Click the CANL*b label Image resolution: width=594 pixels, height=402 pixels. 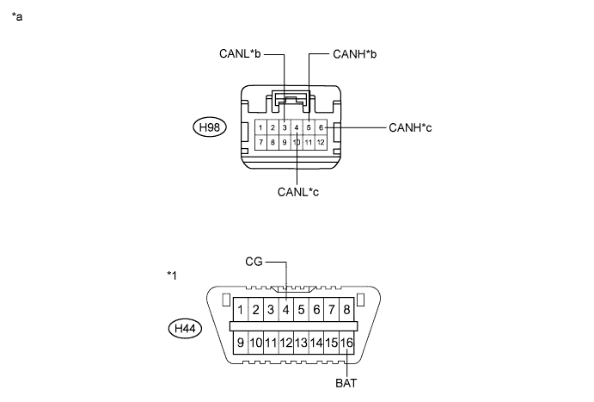[x=240, y=54]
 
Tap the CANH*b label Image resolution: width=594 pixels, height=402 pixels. [x=354, y=54]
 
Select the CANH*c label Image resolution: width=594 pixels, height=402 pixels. [x=410, y=127]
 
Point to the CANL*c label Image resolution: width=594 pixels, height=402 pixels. [x=298, y=192]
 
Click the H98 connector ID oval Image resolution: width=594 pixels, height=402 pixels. [x=210, y=127]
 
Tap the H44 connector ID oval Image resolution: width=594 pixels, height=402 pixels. [x=185, y=328]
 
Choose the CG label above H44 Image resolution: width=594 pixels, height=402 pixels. [x=254, y=262]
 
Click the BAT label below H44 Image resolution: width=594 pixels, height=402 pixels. [x=346, y=383]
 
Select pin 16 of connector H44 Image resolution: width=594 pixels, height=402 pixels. [x=346, y=343]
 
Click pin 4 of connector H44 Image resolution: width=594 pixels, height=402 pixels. [x=286, y=310]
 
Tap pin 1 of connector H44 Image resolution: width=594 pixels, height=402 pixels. [x=241, y=310]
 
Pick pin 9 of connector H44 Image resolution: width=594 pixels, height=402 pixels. [x=241, y=343]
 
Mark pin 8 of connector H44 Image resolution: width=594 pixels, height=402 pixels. [x=346, y=310]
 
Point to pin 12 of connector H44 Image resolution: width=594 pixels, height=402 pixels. [x=286, y=343]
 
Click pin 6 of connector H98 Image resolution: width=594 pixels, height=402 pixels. [x=321, y=127]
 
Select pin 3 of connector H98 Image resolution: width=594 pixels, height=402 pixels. [x=285, y=127]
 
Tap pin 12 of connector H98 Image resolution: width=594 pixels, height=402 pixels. [x=321, y=142]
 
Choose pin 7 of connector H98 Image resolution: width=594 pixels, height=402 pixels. [x=260, y=142]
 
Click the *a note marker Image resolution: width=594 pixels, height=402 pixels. [x=17, y=16]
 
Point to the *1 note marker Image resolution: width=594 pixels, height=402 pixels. [x=172, y=275]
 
